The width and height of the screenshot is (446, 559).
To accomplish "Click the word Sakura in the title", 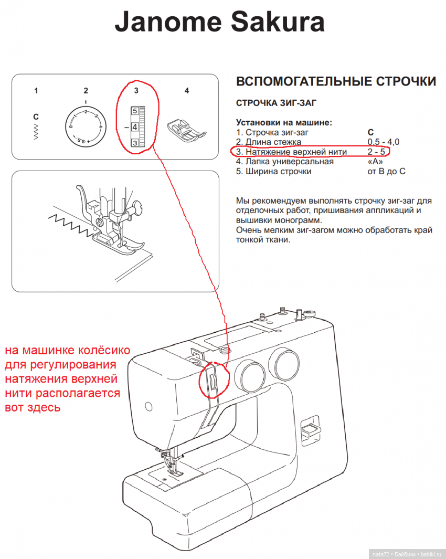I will pos(270,23).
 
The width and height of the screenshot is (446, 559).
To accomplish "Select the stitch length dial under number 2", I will pos(86,126).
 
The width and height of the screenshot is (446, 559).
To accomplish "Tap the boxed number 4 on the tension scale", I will pos(134,127).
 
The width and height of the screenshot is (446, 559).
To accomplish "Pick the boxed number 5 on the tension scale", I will pos(134,111).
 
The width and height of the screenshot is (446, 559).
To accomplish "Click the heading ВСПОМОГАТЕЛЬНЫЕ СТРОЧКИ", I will pos(336,82).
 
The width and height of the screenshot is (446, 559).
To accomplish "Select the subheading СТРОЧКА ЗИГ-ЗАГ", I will pos(276,103).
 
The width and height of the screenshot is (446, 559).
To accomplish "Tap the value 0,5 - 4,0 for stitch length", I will pos(384,142).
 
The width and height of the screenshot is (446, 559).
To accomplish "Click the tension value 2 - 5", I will pos(377,152).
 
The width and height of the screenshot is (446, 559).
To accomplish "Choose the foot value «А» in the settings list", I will pos(376,162).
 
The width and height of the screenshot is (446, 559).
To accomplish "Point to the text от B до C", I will pos(387,172).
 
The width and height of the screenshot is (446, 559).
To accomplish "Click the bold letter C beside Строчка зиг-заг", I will pos(371,132).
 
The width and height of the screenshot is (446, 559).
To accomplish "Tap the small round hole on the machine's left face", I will pos(148,406).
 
